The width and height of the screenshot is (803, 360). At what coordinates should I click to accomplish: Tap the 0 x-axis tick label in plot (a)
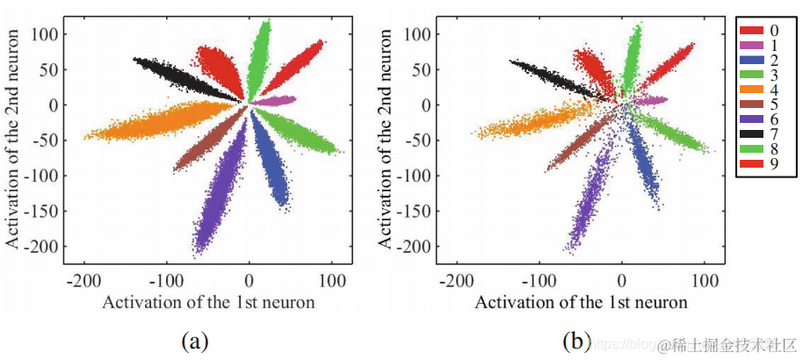249,282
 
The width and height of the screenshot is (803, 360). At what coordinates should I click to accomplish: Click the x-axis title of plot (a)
209,303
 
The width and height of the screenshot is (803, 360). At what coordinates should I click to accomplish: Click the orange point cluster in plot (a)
149,122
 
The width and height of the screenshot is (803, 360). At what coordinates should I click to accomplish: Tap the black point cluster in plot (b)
549,77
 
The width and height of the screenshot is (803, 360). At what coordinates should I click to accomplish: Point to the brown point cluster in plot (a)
206,140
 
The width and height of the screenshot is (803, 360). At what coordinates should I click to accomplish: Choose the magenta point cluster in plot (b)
650,101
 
